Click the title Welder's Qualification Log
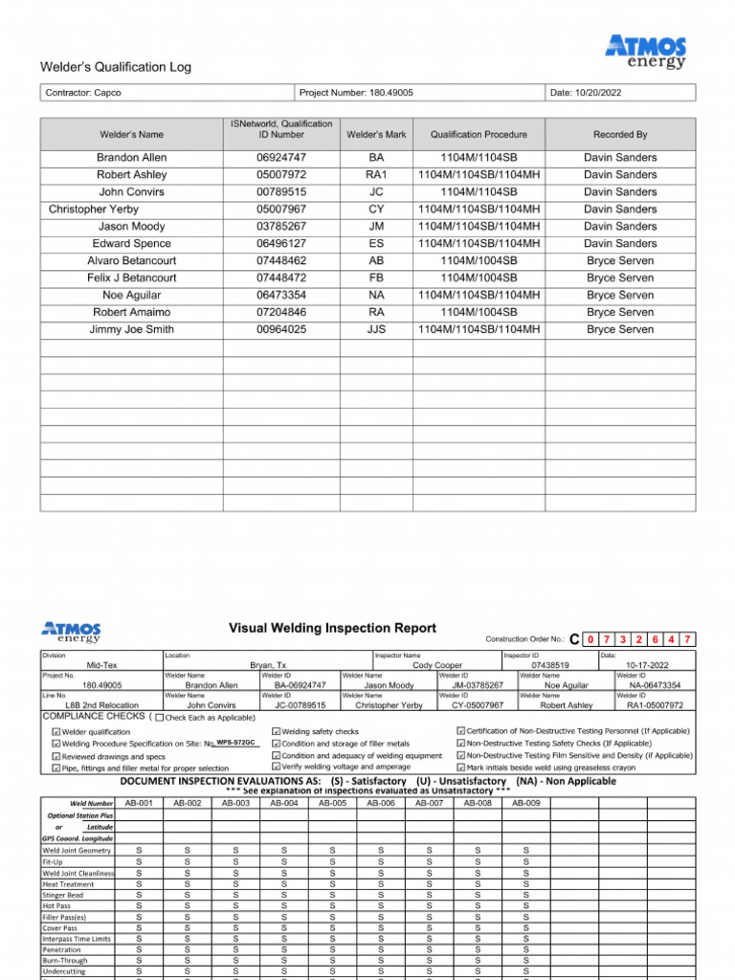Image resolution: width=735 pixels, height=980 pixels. (115, 67)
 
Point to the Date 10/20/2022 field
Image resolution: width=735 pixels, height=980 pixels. (586, 93)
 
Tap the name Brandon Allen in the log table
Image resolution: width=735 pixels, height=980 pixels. (131, 157)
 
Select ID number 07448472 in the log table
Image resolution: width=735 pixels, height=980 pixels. (281, 278)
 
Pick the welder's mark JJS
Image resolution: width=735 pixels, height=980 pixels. (376, 329)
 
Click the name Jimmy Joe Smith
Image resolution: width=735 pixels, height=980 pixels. (131, 329)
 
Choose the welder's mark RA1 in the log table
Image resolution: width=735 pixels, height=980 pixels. (376, 174)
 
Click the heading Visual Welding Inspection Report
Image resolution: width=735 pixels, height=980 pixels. (332, 629)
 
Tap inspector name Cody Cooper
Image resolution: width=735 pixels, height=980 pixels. (436, 665)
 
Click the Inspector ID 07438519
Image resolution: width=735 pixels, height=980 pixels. (549, 665)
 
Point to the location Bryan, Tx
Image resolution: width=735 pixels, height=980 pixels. (269, 665)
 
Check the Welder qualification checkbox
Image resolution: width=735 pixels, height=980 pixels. (56, 732)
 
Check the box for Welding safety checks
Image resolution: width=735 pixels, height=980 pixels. (276, 732)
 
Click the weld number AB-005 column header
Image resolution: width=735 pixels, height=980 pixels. (332, 803)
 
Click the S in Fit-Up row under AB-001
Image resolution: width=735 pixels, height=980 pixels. (139, 861)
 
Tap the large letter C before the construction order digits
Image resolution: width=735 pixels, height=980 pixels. (574, 639)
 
